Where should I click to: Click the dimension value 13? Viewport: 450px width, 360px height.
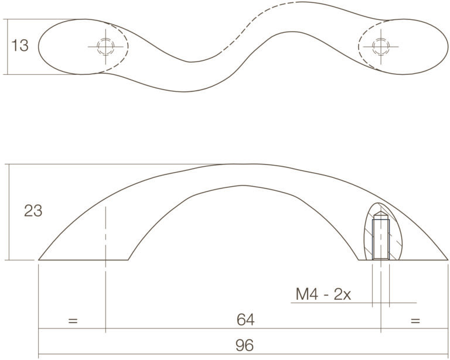point(20,45)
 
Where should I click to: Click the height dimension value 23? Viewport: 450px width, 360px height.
point(33,211)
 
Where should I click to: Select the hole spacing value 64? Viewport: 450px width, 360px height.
point(246,320)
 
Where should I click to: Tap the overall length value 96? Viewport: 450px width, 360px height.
point(244,345)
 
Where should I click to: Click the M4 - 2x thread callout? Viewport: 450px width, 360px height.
point(323,294)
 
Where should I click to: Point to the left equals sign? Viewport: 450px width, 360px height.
point(73,320)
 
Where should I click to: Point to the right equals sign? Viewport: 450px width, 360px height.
point(415,320)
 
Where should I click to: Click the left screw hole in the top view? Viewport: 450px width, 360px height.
point(105,46)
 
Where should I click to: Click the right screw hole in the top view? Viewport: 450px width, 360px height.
point(381,46)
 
